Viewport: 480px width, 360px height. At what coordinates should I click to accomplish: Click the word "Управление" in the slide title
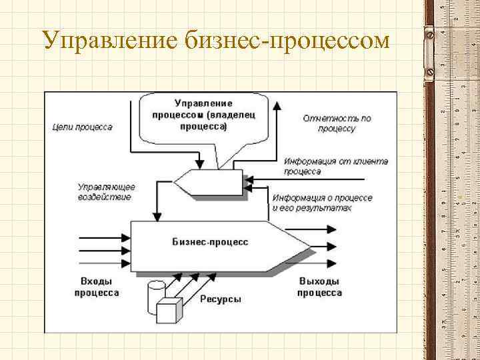pyautogui.click(x=107, y=41)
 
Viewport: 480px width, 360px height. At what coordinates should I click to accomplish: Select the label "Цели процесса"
pyautogui.click(x=81, y=127)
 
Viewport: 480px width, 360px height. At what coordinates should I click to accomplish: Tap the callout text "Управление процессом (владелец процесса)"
pyautogui.click(x=203, y=114)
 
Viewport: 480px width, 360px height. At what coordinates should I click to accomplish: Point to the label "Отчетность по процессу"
pyautogui.click(x=336, y=123)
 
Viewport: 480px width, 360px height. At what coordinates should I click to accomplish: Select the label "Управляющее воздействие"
pyautogui.click(x=105, y=192)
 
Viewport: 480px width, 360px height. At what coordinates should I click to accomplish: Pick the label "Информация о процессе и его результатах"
pyautogui.click(x=322, y=203)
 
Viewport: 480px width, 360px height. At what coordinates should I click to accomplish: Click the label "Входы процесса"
pyautogui.click(x=97, y=287)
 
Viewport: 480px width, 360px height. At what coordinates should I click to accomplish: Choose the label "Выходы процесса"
pyautogui.click(x=319, y=287)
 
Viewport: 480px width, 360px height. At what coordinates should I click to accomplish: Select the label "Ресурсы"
pyautogui.click(x=221, y=299)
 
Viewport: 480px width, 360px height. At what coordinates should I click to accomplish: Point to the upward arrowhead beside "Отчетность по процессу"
pyautogui.click(x=279, y=107)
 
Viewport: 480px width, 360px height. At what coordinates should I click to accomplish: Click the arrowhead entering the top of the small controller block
pyautogui.click(x=199, y=164)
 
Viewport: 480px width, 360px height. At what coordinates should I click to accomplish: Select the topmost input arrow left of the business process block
pyautogui.click(x=103, y=237)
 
